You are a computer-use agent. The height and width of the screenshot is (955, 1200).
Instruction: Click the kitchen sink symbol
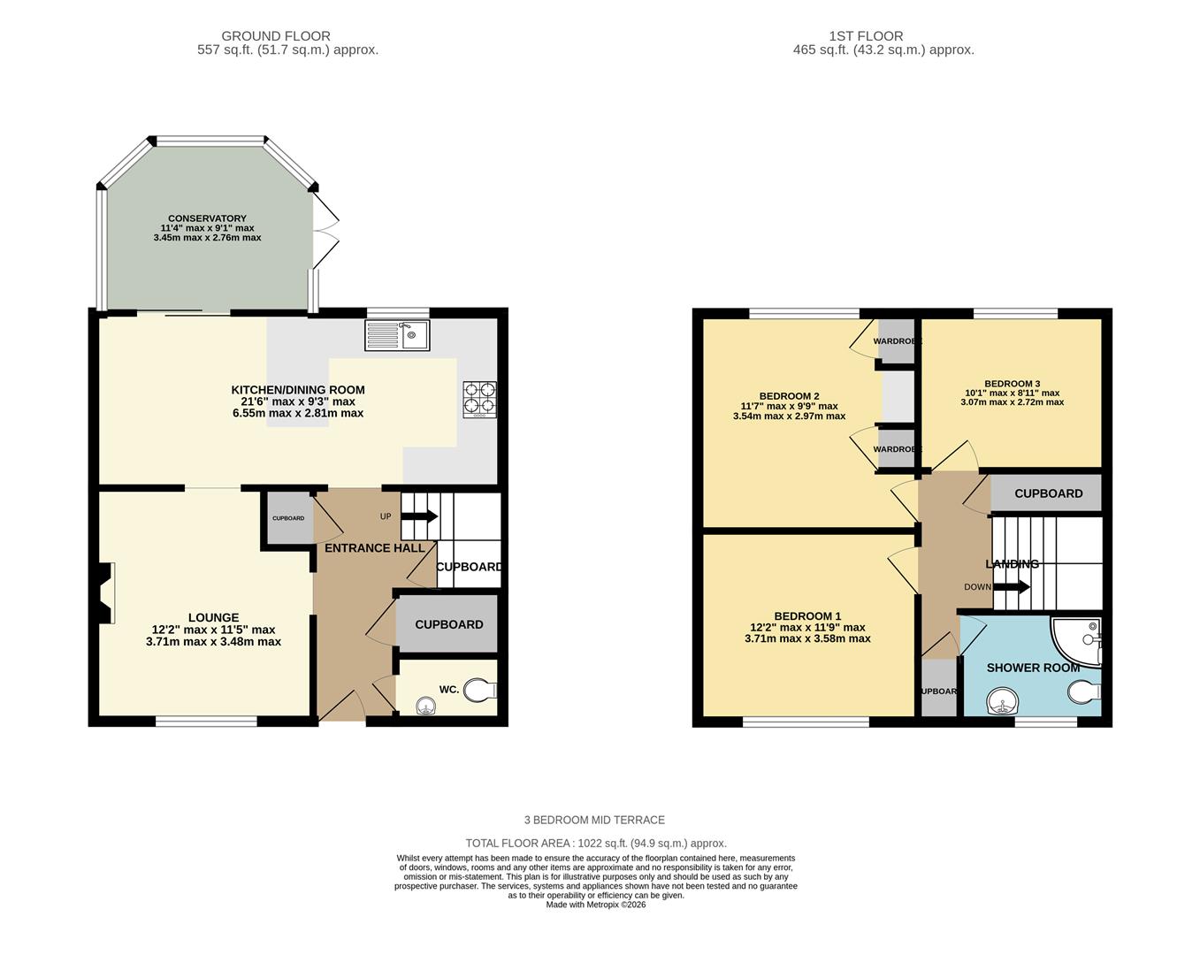tap(397, 335)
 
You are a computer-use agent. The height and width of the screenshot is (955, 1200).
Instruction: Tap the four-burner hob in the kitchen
tap(479, 399)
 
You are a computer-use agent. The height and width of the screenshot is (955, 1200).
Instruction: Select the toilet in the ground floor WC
tap(479, 690)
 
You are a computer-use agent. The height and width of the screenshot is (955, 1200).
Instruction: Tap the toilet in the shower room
tap(1083, 690)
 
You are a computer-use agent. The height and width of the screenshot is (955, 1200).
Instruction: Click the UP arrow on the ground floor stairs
tap(420, 516)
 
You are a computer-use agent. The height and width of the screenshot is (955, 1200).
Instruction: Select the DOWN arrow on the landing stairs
tap(1012, 586)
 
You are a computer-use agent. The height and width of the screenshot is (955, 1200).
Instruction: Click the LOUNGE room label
tap(213, 618)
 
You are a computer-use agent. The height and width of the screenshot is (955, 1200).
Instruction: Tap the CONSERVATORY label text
tap(207, 218)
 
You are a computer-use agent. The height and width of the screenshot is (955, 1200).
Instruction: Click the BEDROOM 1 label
tap(807, 616)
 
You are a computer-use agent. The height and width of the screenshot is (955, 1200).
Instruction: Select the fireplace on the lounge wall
tap(105, 593)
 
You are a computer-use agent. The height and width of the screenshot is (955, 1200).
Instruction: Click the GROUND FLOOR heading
tap(276, 36)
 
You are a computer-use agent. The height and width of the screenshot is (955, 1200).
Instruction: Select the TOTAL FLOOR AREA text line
tap(596, 844)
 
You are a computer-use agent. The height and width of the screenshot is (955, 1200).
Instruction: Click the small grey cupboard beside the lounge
tap(287, 519)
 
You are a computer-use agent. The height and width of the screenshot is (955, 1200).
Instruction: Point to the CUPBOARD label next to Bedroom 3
tap(1048, 493)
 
